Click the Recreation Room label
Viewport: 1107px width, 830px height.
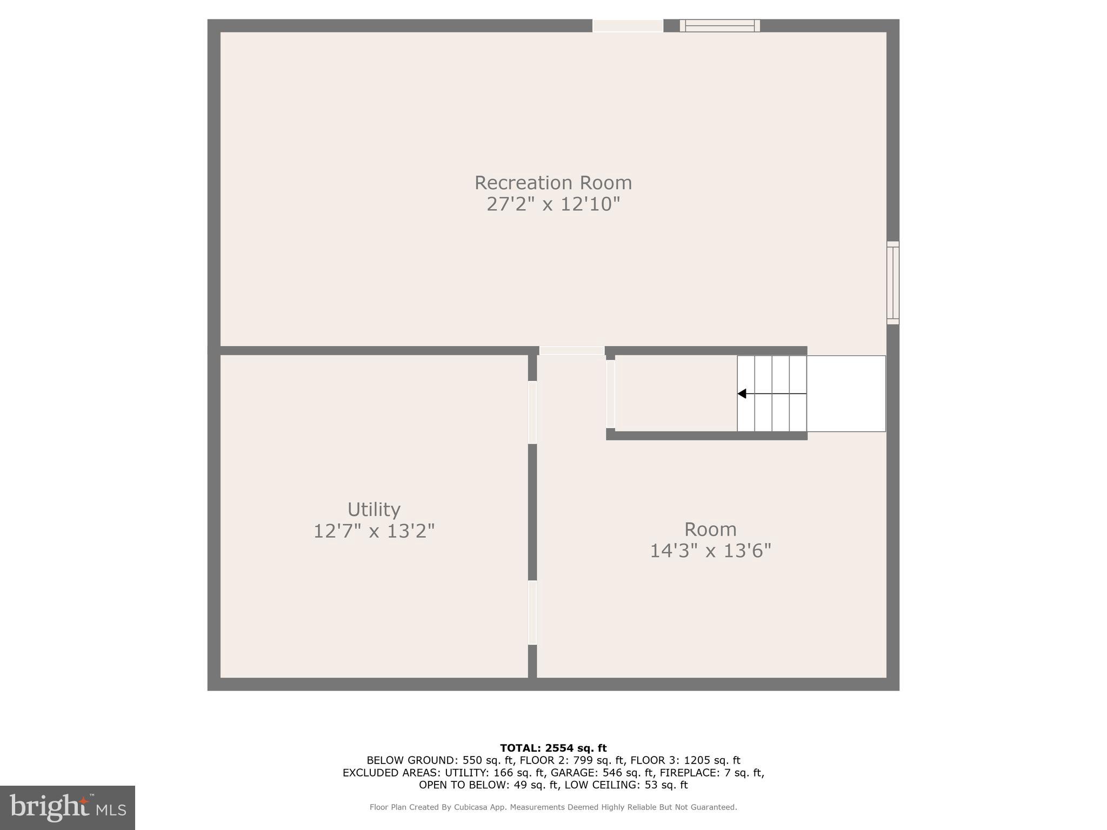[x=553, y=183]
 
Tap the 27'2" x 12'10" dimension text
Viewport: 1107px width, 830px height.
[x=553, y=204]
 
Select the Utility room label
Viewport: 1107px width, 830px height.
[x=374, y=510]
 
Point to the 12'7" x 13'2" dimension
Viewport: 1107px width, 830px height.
[x=374, y=531]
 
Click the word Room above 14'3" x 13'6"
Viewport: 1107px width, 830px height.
[x=710, y=529]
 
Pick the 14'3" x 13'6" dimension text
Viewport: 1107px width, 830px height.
[x=710, y=551]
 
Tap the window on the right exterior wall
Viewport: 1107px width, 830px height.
[x=893, y=283]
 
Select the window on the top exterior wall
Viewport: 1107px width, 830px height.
[x=719, y=25]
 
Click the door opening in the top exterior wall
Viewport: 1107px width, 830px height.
[x=628, y=25]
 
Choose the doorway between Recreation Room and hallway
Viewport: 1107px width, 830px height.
[x=572, y=351]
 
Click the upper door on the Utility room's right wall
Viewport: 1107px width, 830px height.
[x=532, y=412]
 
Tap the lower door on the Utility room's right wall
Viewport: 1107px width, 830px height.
[x=532, y=612]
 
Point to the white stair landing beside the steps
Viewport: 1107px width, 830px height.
[x=846, y=394]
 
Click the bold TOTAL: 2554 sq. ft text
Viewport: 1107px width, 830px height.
[x=553, y=748]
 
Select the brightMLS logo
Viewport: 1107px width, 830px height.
[x=68, y=807]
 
